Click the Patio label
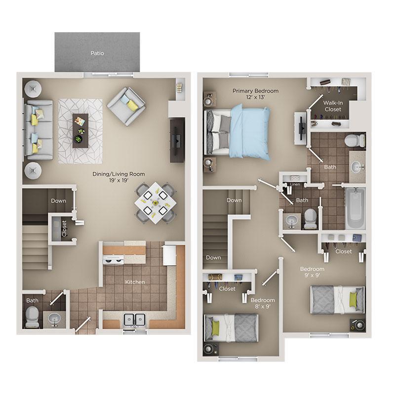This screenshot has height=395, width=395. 97,53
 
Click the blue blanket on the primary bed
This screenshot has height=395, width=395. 251,130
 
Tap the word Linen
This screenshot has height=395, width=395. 295,184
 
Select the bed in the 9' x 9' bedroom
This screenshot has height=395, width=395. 337,300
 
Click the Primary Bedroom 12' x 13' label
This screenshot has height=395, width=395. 255,94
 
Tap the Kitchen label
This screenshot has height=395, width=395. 135,282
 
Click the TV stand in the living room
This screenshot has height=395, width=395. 177,140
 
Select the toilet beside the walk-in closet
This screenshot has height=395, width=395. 354,140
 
